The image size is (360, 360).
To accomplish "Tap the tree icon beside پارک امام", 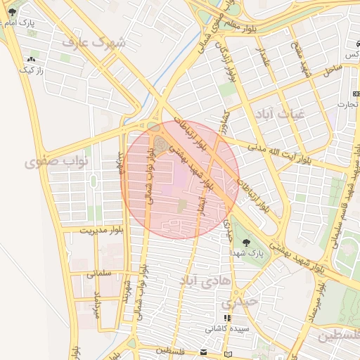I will (x=12, y=13).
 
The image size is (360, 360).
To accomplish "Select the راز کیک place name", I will (x=31, y=70).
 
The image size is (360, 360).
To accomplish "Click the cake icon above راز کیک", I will (x=31, y=60).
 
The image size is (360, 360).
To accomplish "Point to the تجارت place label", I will (x=346, y=105).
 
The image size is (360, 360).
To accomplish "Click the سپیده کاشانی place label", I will (x=225, y=328).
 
